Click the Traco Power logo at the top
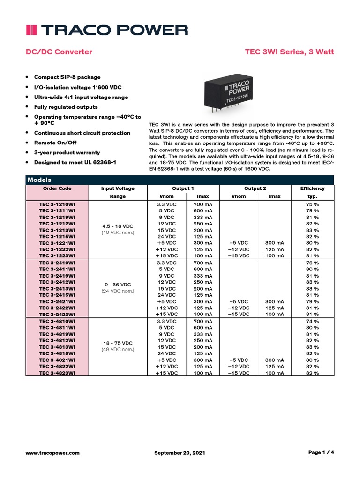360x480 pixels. [x=106, y=30]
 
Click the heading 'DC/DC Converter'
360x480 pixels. [x=59, y=52]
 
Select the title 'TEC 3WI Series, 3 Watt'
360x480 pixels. [x=289, y=52]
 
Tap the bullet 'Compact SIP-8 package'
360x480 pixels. [x=67, y=77]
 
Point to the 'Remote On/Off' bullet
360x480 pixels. [x=55, y=142]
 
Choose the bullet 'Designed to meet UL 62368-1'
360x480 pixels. [x=75, y=162]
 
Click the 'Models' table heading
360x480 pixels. [x=39, y=180]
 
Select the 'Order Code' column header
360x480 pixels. [x=57, y=188]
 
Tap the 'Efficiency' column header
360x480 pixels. [x=312, y=188]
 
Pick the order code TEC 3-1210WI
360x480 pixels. [x=57, y=204]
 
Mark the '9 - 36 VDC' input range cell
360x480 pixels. [x=118, y=285]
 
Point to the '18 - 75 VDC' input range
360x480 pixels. [x=118, y=343]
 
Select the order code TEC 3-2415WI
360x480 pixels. [x=57, y=295]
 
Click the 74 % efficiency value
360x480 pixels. [x=312, y=321]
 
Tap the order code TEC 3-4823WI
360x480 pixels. [x=57, y=373]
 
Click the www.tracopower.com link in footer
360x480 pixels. [x=52, y=453]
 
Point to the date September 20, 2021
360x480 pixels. [x=180, y=453]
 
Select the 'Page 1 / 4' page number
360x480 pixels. [x=321, y=452]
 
